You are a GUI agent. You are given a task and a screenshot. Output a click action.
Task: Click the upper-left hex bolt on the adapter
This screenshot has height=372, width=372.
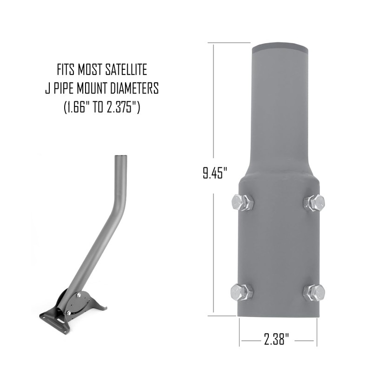[x=242, y=203]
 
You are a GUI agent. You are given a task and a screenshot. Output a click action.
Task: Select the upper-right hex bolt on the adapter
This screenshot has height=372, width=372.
[x=314, y=202]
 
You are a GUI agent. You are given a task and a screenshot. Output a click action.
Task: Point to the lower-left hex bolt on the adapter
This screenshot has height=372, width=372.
[x=242, y=292]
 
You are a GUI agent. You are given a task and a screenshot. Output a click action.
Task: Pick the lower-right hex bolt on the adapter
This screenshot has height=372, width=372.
[x=314, y=292]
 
